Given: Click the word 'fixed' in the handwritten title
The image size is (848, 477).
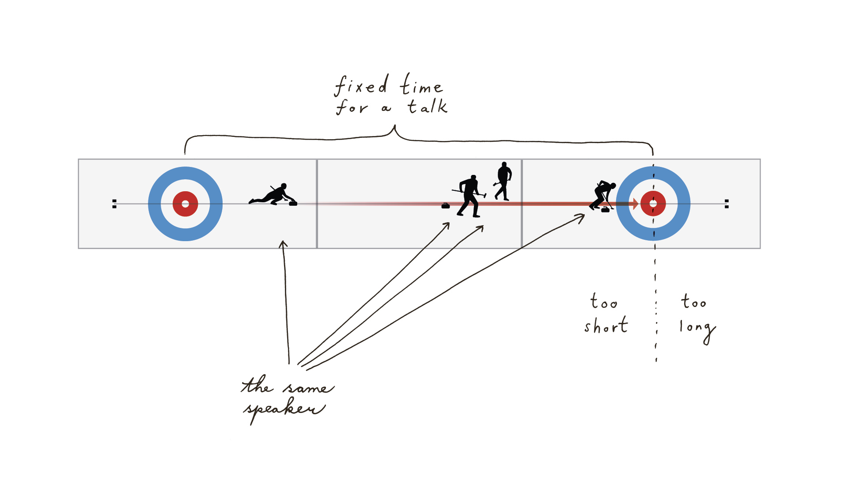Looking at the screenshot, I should [361, 86].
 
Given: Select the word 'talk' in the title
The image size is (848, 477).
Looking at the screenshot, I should [427, 106].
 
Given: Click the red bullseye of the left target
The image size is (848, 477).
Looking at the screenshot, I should [185, 204].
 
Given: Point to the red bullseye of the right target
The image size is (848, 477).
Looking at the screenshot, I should [653, 204].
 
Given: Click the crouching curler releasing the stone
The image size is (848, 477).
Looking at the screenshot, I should [272, 195].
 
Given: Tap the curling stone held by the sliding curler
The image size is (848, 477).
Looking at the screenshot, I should [293, 203].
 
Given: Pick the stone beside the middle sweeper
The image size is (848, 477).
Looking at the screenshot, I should [446, 205].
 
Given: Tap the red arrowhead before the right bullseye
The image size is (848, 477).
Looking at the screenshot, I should [635, 204].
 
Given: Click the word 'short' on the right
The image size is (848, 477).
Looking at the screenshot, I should [606, 326].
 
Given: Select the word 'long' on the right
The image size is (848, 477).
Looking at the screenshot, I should [697, 328].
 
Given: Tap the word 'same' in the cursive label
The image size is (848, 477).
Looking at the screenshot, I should [308, 387].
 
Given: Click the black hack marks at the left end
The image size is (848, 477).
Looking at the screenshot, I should [114, 204].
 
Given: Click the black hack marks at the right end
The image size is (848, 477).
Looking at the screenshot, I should [727, 204].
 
